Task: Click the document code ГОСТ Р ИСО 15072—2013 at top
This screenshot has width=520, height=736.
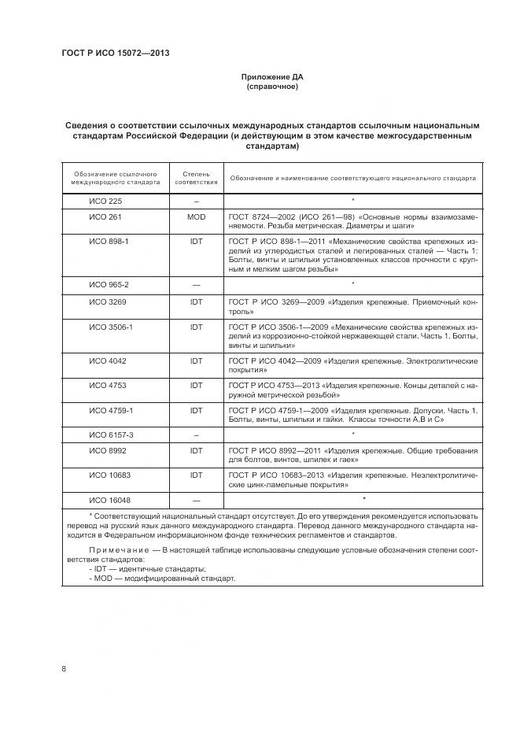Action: click(116, 54)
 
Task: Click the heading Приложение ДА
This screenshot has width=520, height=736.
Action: click(271, 77)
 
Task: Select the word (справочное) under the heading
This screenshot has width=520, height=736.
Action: click(271, 87)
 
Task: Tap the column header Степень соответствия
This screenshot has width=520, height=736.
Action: click(196, 177)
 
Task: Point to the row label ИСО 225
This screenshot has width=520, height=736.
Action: click(105, 201)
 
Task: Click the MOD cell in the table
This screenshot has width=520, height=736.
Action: click(196, 216)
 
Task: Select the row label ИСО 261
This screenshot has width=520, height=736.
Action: click(105, 216)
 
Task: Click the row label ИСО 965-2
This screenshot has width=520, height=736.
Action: click(109, 284)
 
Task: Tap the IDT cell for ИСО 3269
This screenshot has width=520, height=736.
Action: click(196, 302)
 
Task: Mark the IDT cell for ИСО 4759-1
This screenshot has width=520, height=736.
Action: click(196, 411)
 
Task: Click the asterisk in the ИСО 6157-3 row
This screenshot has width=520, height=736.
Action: click(352, 435)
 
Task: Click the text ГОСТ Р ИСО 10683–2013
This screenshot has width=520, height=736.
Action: click(278, 475)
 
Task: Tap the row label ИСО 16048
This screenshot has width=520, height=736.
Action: click(108, 500)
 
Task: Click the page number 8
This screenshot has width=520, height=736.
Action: click(64, 669)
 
